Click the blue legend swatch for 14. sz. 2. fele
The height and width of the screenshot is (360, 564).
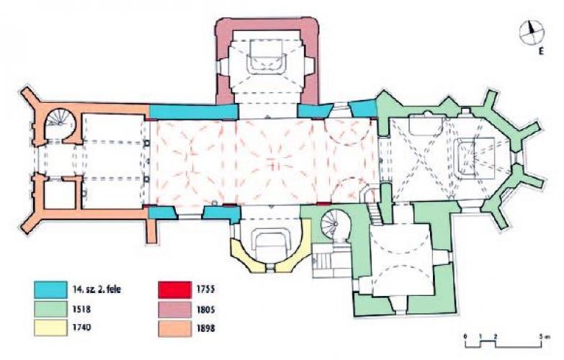[x=50, y=289]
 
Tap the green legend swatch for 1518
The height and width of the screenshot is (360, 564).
[x=50, y=309]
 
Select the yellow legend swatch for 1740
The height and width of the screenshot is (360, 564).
[x=50, y=328]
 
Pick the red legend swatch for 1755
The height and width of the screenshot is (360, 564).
[x=175, y=289]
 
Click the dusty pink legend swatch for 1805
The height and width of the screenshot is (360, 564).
[x=175, y=310]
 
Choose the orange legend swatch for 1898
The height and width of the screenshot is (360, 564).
[x=175, y=328]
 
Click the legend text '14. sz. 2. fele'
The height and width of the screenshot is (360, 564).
[x=97, y=289]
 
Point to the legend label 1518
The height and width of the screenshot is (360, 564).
[x=82, y=309]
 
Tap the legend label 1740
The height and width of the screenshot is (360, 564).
[x=82, y=328]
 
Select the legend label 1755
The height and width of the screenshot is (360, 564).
[x=206, y=289]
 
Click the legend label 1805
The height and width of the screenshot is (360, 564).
[x=206, y=310]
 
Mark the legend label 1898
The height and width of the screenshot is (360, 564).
[x=206, y=328]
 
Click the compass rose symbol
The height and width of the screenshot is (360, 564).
[x=532, y=33]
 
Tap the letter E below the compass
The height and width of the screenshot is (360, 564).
[x=541, y=52]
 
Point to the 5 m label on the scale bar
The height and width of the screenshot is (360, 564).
[x=546, y=337]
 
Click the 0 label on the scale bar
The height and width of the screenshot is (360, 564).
[x=465, y=337]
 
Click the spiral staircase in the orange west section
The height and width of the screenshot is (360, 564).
[x=59, y=120]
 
